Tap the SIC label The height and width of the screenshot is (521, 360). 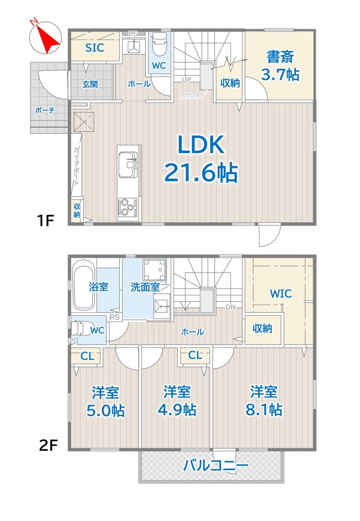coord(95,48)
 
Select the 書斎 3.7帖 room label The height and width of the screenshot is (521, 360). coord(280,66)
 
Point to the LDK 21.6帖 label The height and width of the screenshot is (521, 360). coord(201,159)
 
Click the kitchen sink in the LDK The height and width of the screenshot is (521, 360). coord(128,165)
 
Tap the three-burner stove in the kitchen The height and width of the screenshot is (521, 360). coord(128,208)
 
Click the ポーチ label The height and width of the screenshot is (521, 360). coord(45,110)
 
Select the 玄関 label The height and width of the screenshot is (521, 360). coord(90,84)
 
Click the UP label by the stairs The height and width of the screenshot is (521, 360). coord(186,80)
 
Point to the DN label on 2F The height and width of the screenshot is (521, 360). coord(230,307)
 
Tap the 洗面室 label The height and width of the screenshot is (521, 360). coord(145,287)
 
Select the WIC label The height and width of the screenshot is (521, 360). coord(281,294)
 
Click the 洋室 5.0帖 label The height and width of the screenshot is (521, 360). coord(106,401)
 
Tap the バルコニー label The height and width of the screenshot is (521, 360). coord(215,466)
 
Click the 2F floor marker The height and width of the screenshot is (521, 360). coord(48,445)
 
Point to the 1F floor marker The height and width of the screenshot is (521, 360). coord(45,220)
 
